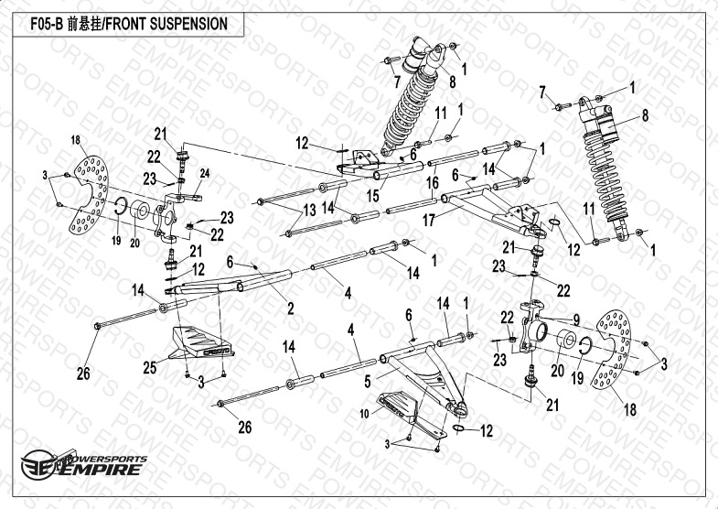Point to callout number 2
(290, 309)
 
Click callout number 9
(576, 319)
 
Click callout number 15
(373, 195)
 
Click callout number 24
(205, 173)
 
